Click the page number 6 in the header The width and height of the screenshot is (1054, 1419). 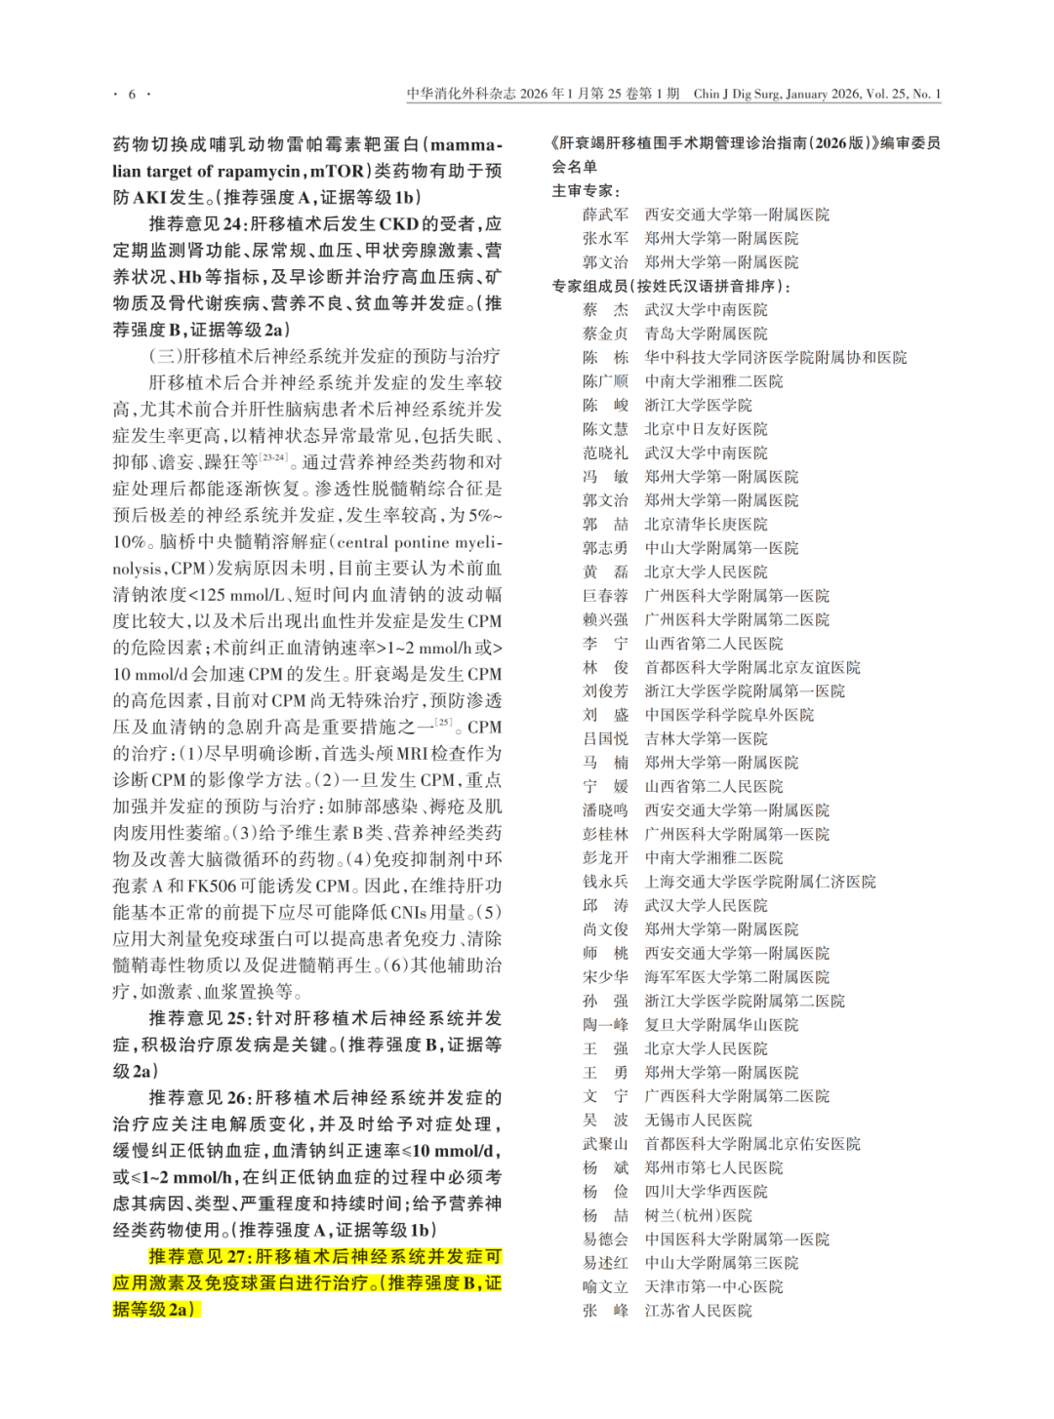pyautogui.click(x=133, y=95)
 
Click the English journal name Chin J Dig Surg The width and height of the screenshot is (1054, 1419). pyautogui.click(x=737, y=95)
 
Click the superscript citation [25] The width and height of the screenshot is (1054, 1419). pyautogui.click(x=445, y=723)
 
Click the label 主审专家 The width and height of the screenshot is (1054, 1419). pyautogui.click(x=585, y=190)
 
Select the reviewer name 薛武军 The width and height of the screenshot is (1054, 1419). pyautogui.click(x=605, y=215)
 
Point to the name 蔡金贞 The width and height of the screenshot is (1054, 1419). pyautogui.click(x=605, y=334)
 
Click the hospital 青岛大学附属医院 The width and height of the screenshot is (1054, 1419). pyautogui.click(x=706, y=334)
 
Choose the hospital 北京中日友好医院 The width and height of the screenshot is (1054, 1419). pyautogui.click(x=706, y=429)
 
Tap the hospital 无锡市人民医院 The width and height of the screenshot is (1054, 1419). pyautogui.click(x=698, y=1120)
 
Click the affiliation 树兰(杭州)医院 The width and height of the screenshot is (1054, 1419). pyautogui.click(x=698, y=1215)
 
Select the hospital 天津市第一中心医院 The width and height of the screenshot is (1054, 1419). pyautogui.click(x=713, y=1286)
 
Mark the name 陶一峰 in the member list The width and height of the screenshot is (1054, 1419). pyautogui.click(x=605, y=1025)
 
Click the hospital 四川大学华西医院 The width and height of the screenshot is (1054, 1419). pyautogui.click(x=706, y=1192)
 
